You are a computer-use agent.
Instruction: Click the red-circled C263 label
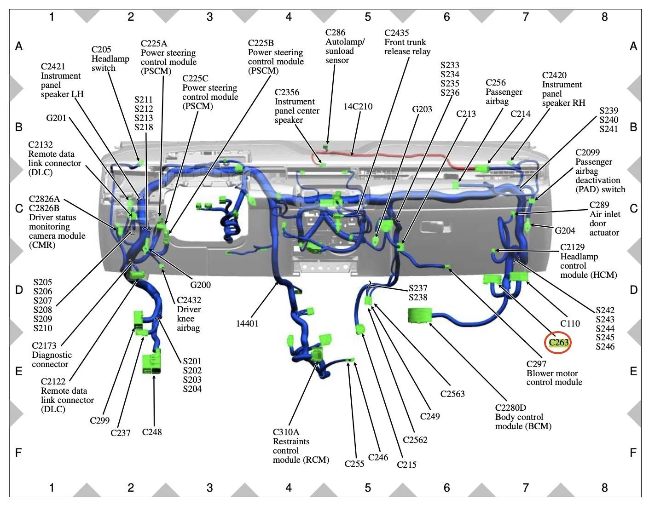pos(558,343)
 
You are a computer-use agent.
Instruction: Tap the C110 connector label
pos(570,323)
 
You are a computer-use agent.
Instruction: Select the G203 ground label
pos(422,109)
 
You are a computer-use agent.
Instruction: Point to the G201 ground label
pos(56,118)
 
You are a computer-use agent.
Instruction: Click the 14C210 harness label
pos(358,107)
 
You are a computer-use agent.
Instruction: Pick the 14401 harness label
pos(247,323)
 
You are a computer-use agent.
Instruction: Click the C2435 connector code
pos(396,33)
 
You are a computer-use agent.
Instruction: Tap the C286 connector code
pos(335,33)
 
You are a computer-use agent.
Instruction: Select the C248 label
pos(152,432)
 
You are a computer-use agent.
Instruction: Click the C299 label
pos(100,420)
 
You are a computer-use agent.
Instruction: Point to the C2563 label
pos(452,394)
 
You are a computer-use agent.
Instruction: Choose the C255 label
pos(354,464)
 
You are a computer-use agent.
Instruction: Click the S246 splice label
pos(605,347)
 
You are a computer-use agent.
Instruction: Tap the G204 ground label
pos(565,230)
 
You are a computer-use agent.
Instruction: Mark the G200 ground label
pos(200,285)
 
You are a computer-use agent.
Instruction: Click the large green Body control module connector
pos(420,316)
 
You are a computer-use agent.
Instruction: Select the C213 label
pos(466,114)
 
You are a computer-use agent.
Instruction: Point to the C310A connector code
pos(286,432)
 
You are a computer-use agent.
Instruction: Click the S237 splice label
pos(418,288)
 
